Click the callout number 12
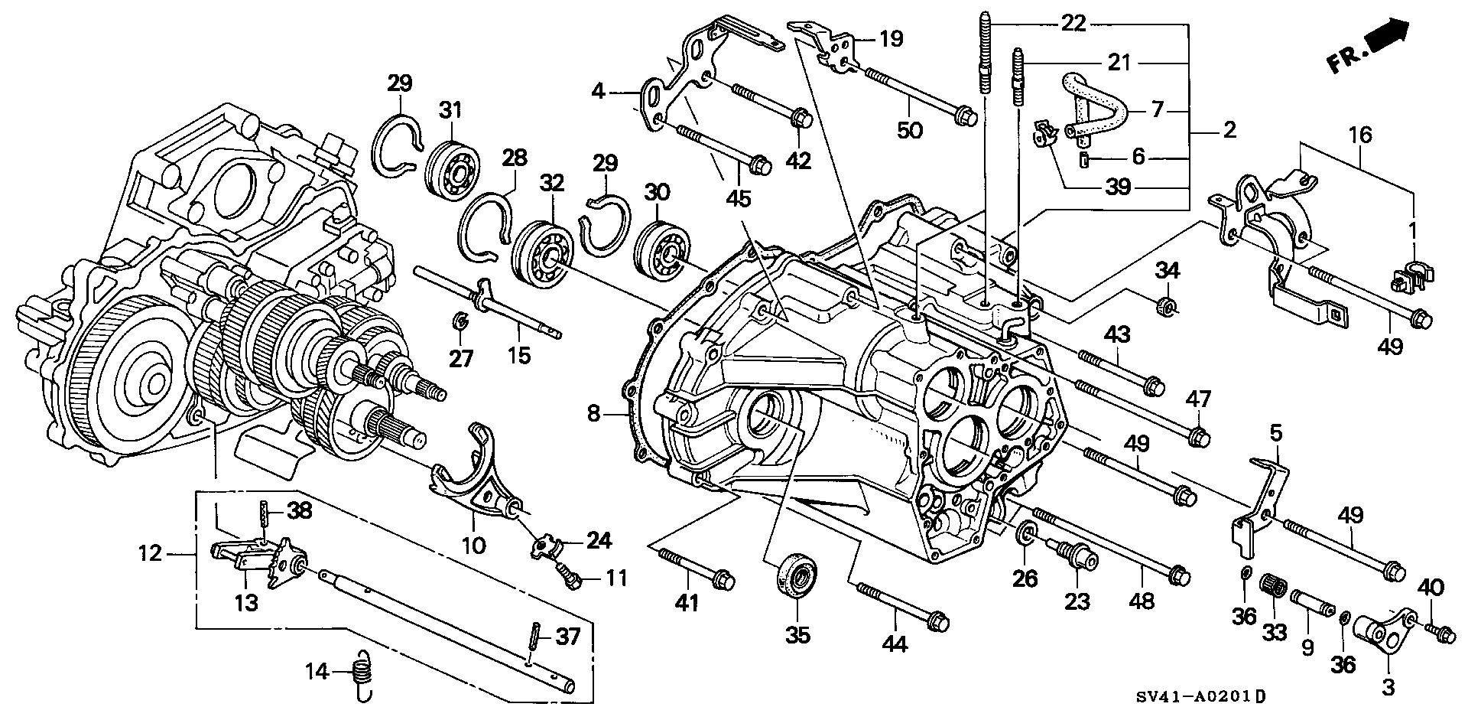[151, 552]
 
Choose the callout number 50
[911, 129]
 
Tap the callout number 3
[1388, 687]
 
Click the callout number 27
[461, 357]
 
